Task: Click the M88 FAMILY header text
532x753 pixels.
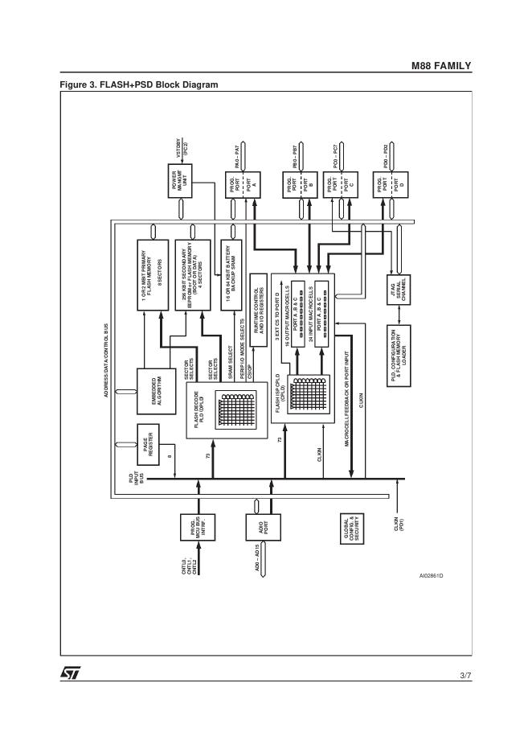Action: pos(442,65)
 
